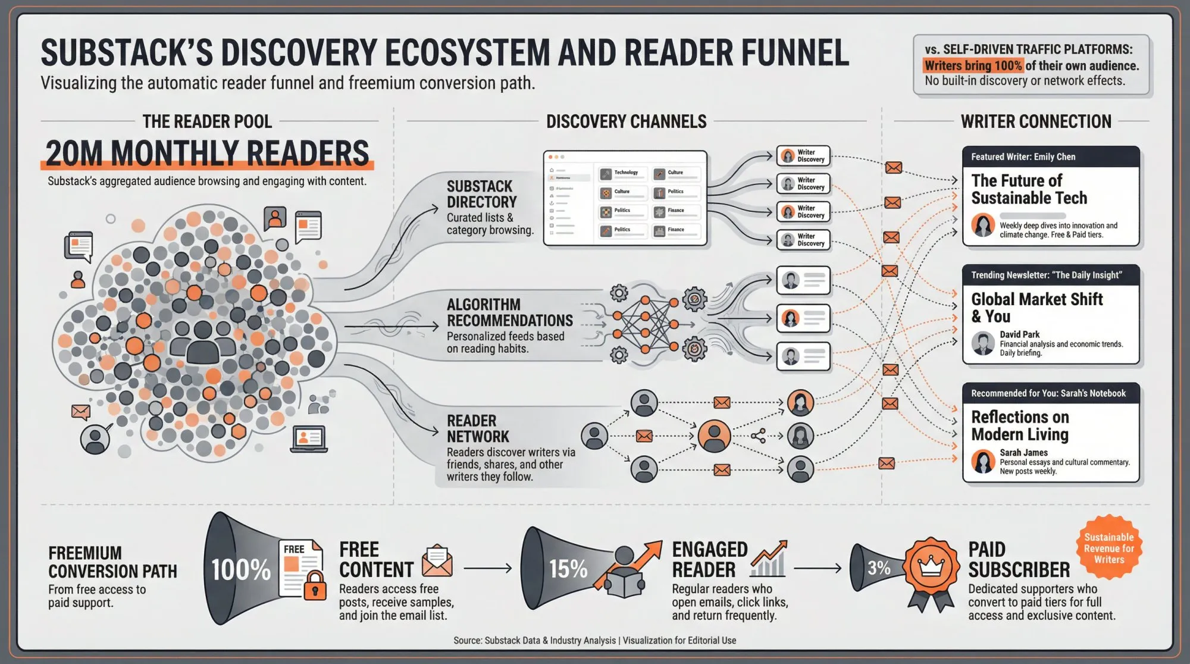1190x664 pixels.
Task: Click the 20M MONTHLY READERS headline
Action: [207, 154]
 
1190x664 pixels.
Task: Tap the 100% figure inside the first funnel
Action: [241, 569]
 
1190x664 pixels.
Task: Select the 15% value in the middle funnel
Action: [568, 569]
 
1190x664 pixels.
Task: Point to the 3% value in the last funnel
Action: [879, 568]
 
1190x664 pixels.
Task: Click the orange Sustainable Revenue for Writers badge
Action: [1108, 548]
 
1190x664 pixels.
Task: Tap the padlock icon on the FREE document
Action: [315, 585]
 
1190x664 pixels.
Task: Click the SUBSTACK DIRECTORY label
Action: [481, 194]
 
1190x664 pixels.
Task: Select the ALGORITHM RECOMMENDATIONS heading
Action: [509, 312]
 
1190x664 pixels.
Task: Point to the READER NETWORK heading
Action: [478, 428]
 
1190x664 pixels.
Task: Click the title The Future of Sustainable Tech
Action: [1029, 189]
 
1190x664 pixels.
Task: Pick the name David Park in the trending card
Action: [1019, 334]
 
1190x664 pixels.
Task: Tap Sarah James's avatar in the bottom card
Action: [983, 462]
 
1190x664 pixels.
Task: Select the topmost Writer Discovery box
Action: [803, 156]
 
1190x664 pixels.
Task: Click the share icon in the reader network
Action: [758, 436]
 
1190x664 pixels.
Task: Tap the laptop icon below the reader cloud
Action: [308, 440]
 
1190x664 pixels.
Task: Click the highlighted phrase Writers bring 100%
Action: [973, 65]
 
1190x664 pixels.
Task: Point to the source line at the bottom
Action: [594, 640]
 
